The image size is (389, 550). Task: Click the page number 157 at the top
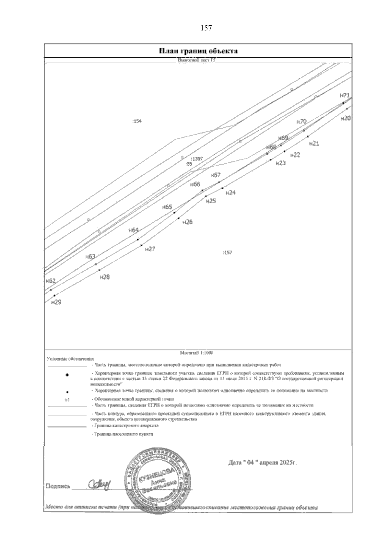click(206, 28)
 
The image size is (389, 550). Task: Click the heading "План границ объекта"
click(198, 51)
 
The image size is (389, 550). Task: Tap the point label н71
click(345, 95)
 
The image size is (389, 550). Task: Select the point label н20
click(346, 119)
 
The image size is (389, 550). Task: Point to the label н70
click(301, 122)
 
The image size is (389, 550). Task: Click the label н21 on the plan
click(314, 143)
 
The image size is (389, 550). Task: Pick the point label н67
click(216, 175)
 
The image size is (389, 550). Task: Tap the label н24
click(230, 193)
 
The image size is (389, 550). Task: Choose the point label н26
click(188, 222)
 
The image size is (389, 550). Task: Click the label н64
click(134, 230)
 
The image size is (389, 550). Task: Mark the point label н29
click(56, 302)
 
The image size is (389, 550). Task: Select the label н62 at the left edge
click(51, 281)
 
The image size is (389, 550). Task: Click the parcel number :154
click(137, 121)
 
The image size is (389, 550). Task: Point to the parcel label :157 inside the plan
click(227, 252)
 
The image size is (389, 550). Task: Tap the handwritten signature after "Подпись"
click(99, 485)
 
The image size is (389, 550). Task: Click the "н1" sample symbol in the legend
click(67, 400)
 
